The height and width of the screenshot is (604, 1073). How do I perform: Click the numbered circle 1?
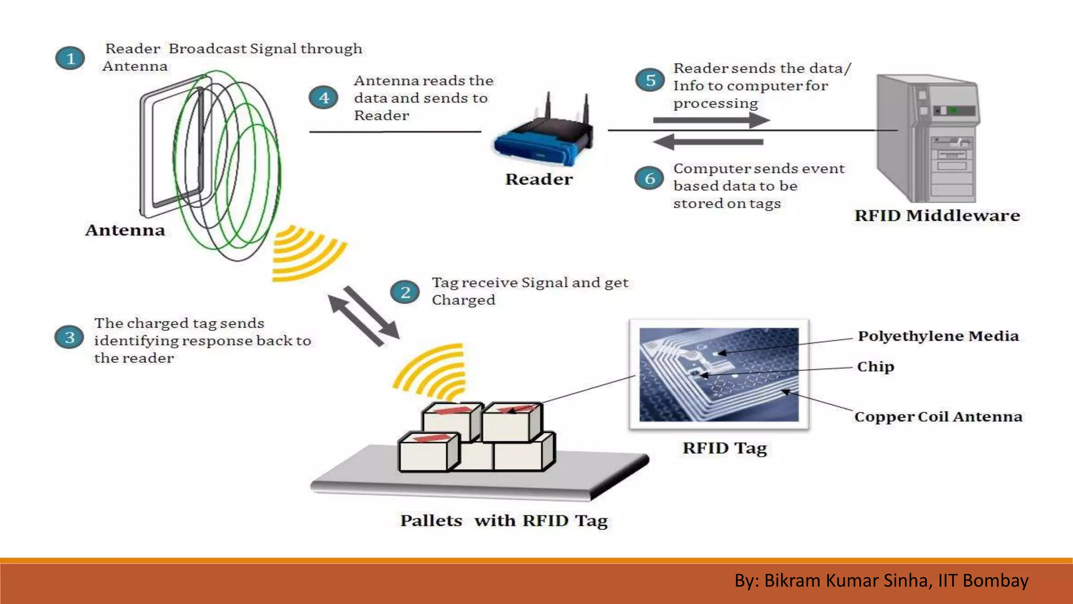click(70, 58)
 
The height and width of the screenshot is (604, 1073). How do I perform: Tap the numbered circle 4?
click(324, 98)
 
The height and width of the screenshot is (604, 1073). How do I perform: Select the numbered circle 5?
click(650, 80)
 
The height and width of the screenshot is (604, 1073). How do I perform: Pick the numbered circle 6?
click(650, 178)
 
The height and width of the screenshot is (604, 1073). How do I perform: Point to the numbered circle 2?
click(405, 292)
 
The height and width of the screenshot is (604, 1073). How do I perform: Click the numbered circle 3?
click(69, 337)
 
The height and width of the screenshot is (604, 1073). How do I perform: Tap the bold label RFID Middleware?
click(937, 215)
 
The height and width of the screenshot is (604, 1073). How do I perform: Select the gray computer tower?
click(927, 139)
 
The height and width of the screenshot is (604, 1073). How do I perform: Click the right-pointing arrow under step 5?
click(711, 120)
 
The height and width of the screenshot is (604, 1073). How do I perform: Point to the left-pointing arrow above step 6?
click(708, 142)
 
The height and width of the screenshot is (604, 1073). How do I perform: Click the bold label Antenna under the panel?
click(125, 230)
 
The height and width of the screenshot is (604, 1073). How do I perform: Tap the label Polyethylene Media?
click(938, 336)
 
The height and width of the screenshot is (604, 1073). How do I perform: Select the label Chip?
click(875, 366)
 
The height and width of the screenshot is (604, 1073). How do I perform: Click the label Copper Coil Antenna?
click(938, 417)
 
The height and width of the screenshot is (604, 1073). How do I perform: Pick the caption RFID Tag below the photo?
click(724, 448)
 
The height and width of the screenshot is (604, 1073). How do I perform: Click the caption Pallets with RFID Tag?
click(503, 521)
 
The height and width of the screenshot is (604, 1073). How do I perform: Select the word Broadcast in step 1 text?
click(207, 49)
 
